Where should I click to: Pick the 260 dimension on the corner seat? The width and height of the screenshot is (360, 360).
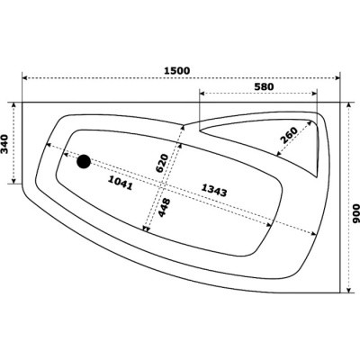coord(289,135)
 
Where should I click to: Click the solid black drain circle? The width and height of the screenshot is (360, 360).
coord(84,162)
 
